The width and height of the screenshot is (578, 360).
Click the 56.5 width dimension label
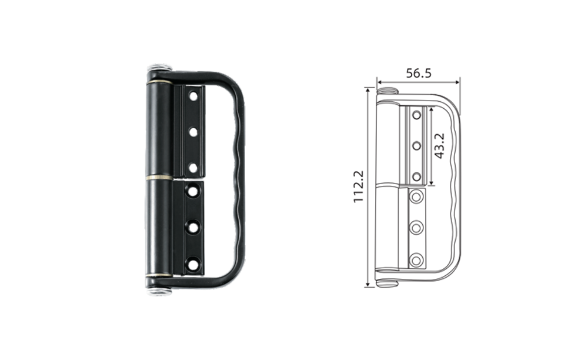tap(419, 73)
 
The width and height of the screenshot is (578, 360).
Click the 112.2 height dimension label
tap(359, 186)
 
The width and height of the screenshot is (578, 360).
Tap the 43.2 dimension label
tap(439, 146)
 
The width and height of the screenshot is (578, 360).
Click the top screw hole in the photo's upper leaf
tap(193, 96)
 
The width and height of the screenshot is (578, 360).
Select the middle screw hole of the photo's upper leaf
tap(193, 132)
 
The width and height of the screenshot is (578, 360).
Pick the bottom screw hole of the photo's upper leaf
tap(193, 168)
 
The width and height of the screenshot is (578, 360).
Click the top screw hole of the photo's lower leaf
tap(193, 191)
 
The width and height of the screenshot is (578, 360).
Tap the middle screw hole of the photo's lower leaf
tap(193, 227)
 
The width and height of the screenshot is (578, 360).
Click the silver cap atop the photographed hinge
tap(159, 69)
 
